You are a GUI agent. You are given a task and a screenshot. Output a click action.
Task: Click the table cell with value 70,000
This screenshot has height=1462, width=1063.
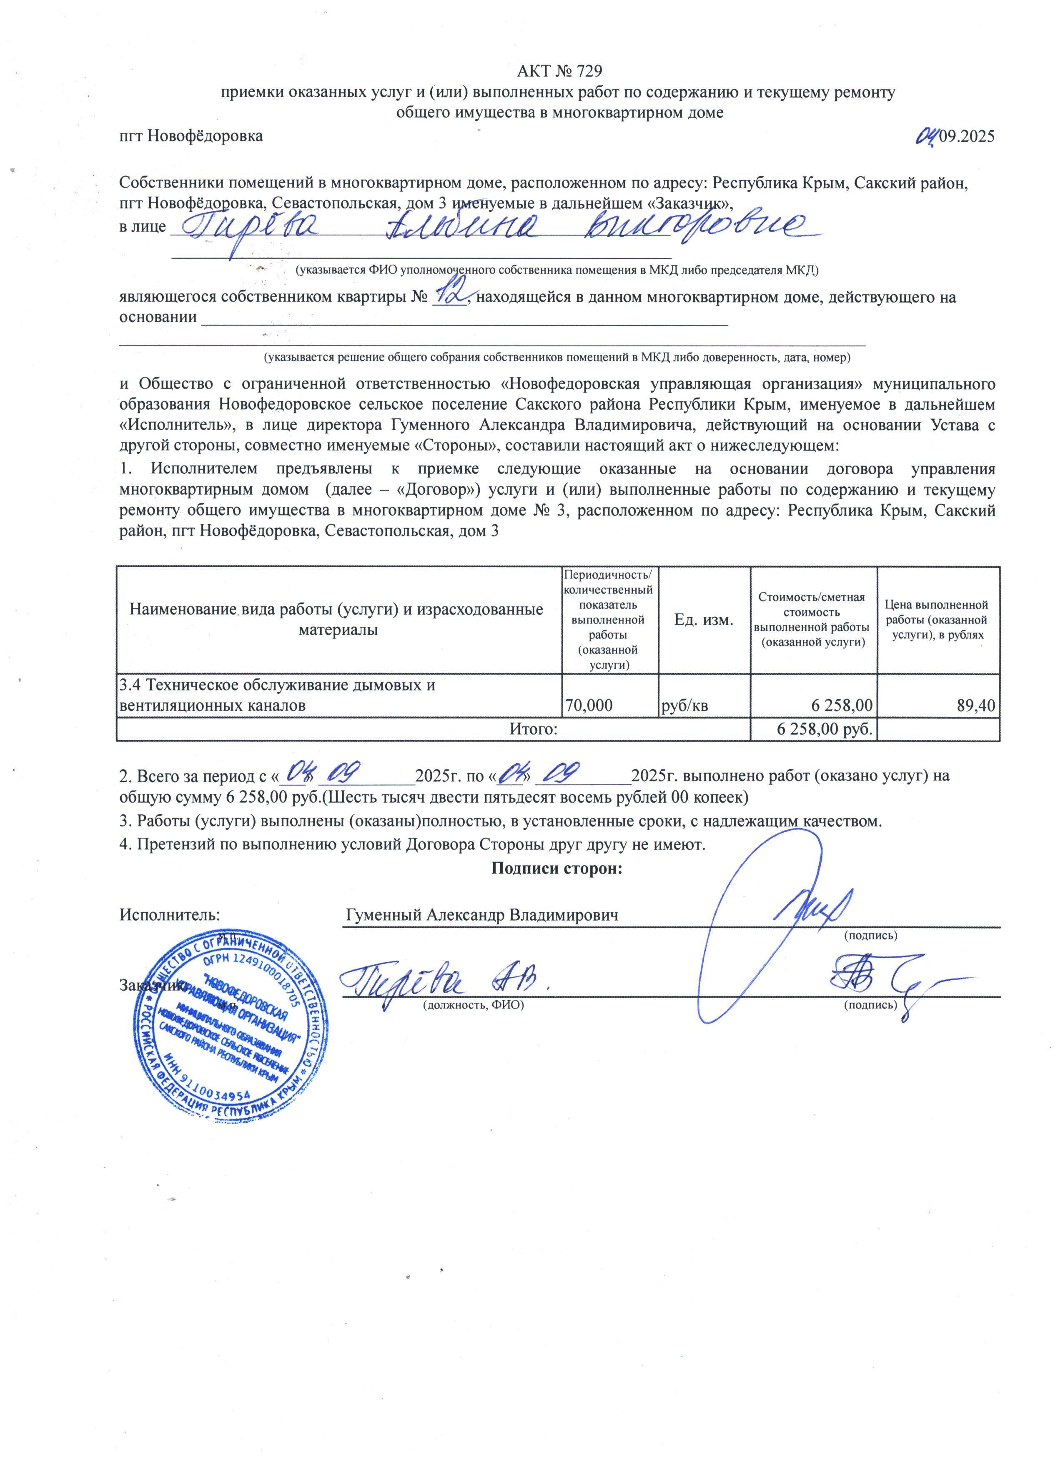[589, 705]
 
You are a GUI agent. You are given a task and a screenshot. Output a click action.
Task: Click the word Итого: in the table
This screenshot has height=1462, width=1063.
[533, 729]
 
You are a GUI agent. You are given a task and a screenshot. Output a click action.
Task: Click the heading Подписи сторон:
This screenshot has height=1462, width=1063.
[557, 868]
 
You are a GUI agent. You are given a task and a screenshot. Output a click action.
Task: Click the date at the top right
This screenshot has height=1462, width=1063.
[957, 135]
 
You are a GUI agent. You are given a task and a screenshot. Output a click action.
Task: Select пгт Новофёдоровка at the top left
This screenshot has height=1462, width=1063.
[191, 136]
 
